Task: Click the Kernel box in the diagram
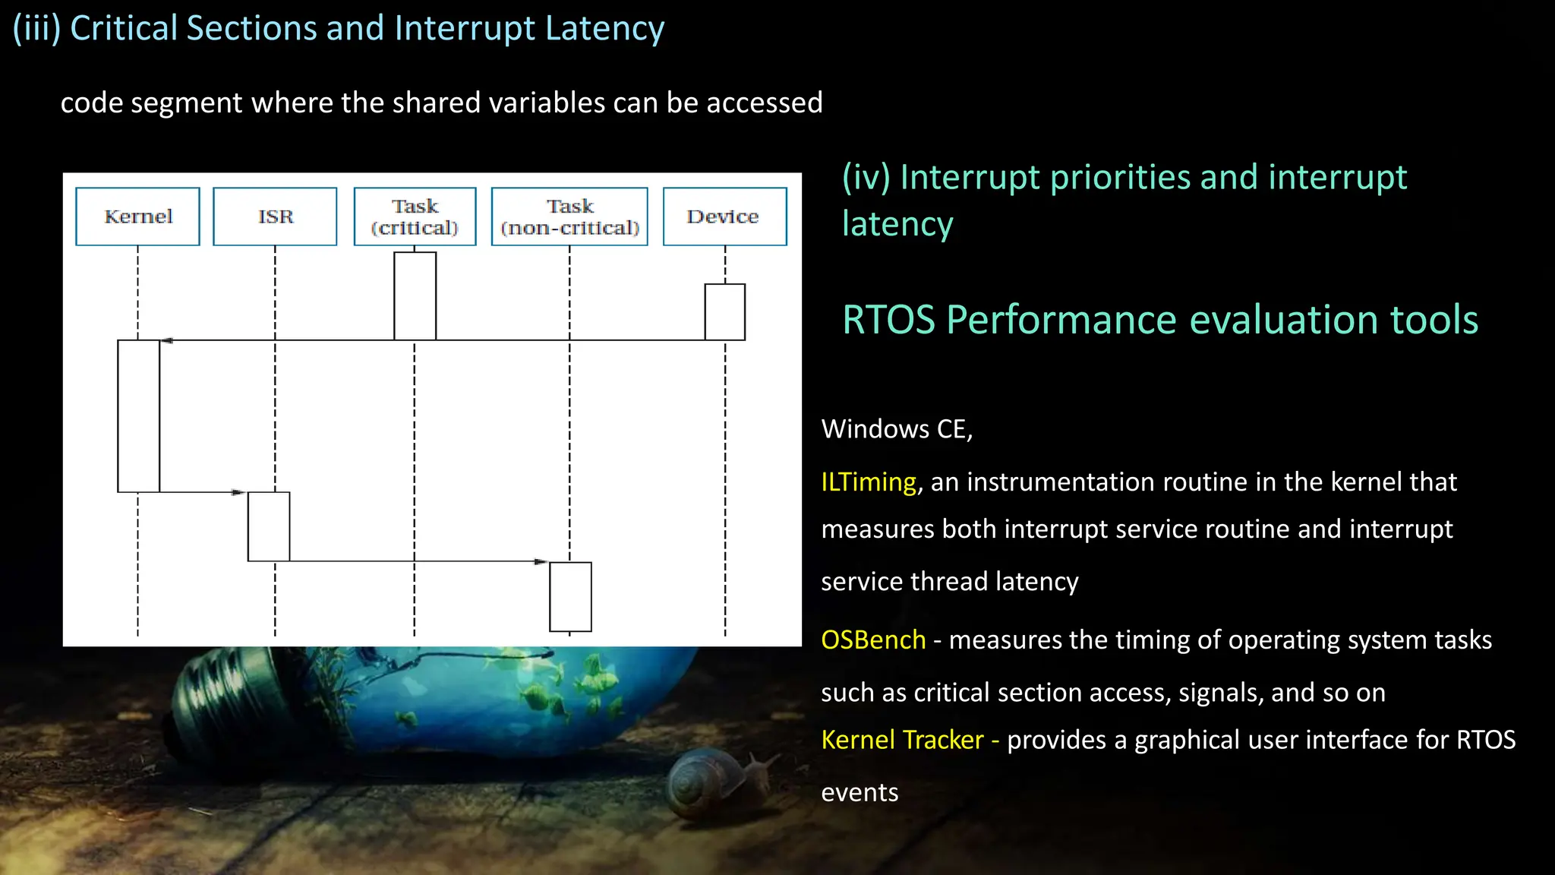[137, 216]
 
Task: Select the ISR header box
[275, 216]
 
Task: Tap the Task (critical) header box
[415, 216]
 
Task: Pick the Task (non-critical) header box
[569, 216]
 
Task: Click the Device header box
[724, 216]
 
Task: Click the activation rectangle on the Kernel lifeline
[138, 416]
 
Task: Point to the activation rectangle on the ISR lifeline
[269, 526]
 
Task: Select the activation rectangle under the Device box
[724, 311]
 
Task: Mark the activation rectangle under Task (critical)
[415, 295]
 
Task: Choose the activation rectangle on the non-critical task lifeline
[570, 596]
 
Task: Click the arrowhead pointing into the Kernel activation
[166, 340]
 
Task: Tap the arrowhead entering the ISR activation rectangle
[238, 492]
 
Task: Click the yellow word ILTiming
[869, 482]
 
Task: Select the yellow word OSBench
[873, 640]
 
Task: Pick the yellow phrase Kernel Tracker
[902, 740]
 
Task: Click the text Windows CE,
[897, 429]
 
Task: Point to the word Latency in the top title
[604, 28]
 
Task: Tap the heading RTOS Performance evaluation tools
[1160, 320]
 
